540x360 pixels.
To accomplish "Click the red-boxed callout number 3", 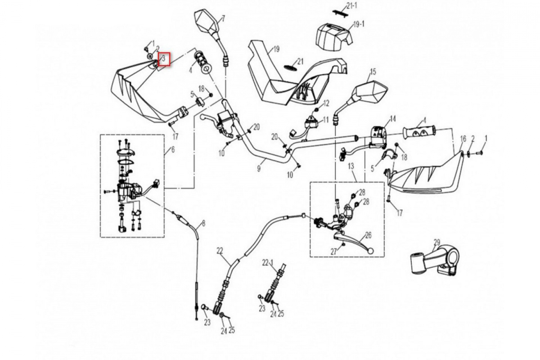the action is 163,59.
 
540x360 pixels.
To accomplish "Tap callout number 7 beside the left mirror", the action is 223,18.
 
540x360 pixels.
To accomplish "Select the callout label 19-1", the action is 359,24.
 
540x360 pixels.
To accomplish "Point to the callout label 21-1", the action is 352,5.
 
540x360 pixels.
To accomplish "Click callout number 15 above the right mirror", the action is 373,72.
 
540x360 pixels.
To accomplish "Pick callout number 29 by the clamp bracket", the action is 437,243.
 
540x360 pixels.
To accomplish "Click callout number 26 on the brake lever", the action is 369,235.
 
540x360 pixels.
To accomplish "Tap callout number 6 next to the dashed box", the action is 173,150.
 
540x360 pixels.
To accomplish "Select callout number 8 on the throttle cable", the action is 203,224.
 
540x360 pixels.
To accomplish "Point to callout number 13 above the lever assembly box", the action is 351,166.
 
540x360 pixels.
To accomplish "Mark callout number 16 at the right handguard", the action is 463,139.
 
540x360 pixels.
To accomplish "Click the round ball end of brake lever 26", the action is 370,251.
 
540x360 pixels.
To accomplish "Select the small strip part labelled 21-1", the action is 339,13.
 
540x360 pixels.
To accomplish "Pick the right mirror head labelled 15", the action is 370,92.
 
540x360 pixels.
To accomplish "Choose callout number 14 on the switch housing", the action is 393,119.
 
